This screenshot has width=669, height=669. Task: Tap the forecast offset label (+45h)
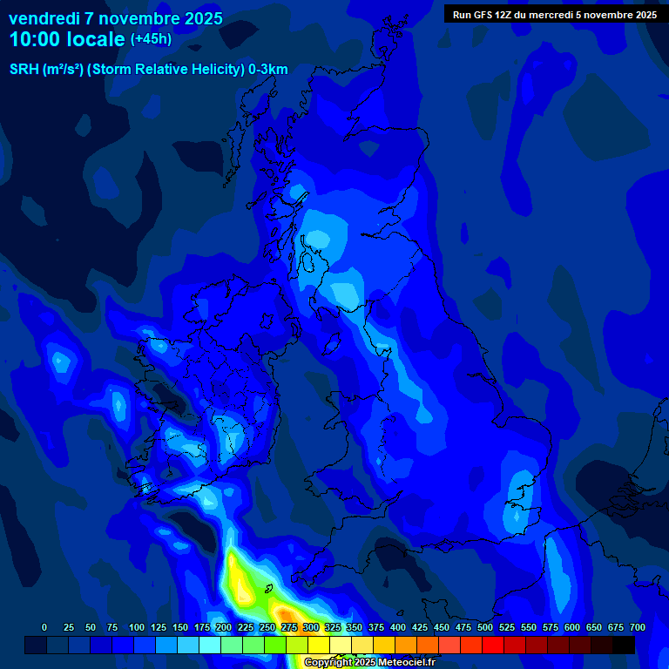(151, 39)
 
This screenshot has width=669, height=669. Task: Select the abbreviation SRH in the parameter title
(24, 70)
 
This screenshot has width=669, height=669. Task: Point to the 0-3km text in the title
(267, 70)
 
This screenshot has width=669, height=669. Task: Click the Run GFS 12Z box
(555, 14)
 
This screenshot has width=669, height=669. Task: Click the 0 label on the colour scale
(44, 627)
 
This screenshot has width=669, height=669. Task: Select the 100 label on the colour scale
(137, 627)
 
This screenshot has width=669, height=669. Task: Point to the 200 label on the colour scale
(224, 627)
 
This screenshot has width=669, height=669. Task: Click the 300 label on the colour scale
(311, 627)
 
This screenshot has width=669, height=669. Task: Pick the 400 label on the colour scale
(398, 627)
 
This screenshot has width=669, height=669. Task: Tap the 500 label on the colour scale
(485, 627)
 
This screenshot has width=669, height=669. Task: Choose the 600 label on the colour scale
(572, 627)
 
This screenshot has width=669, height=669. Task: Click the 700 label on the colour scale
(638, 627)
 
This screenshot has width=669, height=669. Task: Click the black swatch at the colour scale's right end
(624, 645)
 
